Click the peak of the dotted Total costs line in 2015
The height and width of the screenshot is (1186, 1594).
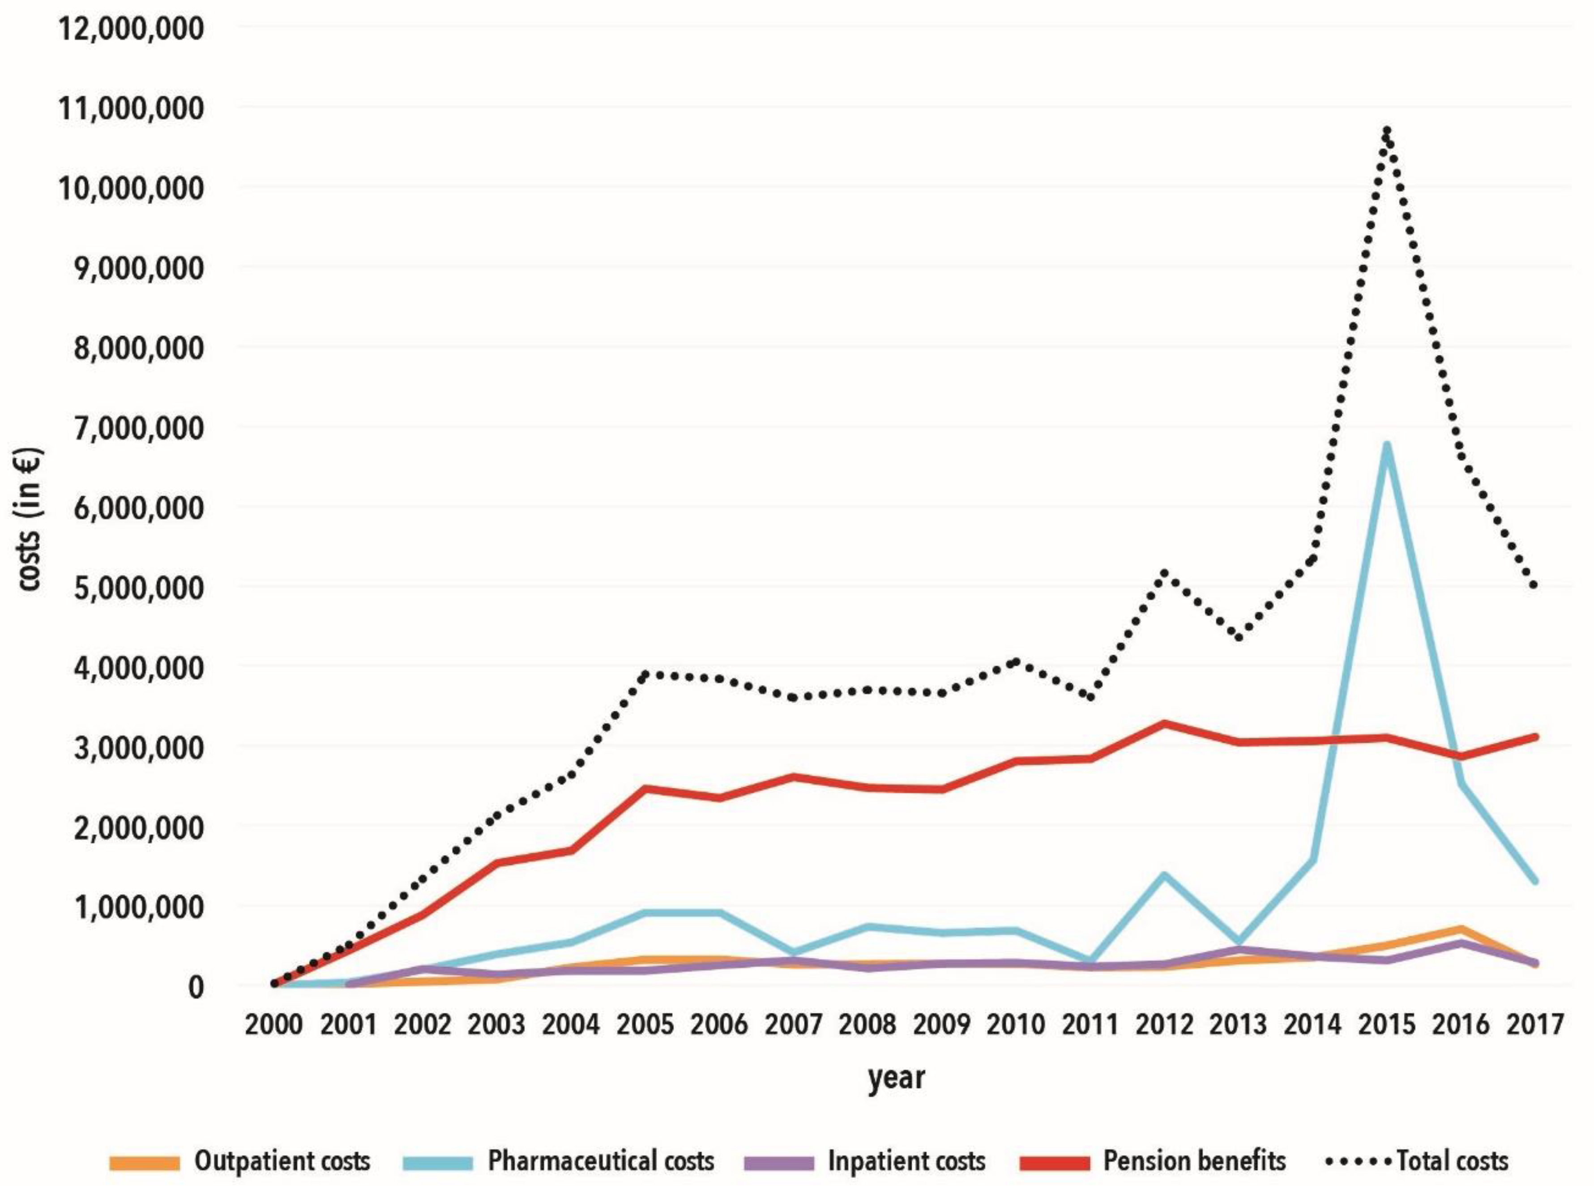[x=1386, y=131]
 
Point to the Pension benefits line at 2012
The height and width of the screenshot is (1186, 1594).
[x=1164, y=723]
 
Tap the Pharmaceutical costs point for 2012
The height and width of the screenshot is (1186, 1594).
[x=1164, y=875]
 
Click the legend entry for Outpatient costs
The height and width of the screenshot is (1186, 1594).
[x=240, y=1161]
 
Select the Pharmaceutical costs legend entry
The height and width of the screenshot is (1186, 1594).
[x=559, y=1161]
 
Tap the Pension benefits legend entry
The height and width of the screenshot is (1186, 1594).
[x=1153, y=1161]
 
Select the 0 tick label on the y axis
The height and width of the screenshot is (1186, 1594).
[x=195, y=987]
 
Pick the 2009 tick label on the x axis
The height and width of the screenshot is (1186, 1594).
[x=941, y=1024]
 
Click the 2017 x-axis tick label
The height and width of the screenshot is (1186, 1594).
[x=1534, y=1024]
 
